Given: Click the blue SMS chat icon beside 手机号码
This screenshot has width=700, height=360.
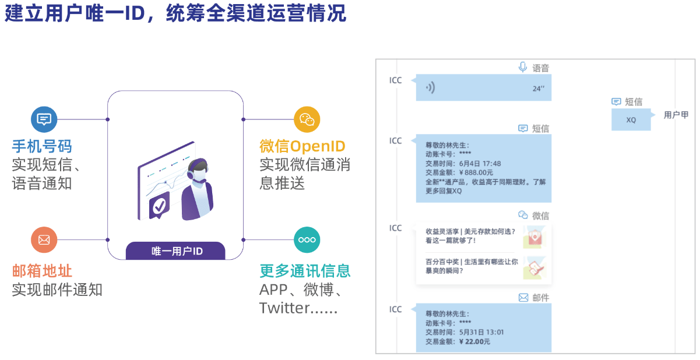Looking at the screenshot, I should (44, 119).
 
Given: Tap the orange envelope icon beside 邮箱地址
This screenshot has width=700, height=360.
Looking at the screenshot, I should (44, 239).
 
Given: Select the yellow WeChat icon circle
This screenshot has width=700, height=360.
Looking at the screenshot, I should (307, 119).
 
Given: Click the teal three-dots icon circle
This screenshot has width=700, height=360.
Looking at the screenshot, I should (307, 239).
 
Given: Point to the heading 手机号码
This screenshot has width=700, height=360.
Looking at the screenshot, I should (42, 146).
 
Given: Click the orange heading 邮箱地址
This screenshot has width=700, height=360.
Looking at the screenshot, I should (42, 271).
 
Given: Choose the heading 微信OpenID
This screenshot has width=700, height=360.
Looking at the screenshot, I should (302, 146).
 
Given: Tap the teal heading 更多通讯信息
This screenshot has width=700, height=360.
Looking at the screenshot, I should (305, 271).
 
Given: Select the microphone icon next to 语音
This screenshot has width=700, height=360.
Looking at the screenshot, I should (523, 68).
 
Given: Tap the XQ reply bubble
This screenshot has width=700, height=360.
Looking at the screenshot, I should (631, 120).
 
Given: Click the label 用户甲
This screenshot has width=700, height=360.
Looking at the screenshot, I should (676, 115).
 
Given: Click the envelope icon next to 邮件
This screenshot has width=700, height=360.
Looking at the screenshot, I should (523, 298).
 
